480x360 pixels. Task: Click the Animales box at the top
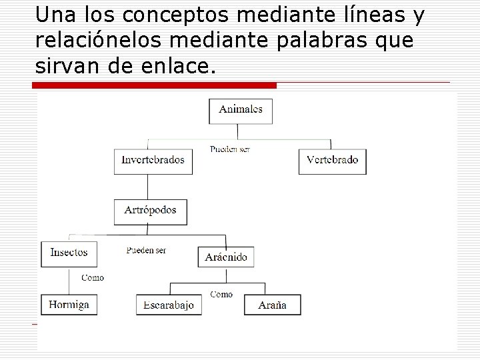241,111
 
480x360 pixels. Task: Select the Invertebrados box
153,161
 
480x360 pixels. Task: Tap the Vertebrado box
332,161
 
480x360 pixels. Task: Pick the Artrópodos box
150,211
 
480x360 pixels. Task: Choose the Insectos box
69,253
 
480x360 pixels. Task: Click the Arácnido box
226,257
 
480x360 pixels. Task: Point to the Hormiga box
69,305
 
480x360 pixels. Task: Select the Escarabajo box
169,305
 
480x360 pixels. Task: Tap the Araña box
272,305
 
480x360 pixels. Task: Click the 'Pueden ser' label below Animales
229,149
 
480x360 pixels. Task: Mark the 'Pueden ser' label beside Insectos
146,250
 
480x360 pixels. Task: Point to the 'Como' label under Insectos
92,277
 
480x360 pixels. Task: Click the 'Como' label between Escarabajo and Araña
221,294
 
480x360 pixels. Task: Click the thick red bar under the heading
157,85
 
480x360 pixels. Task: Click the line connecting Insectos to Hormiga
69,281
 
